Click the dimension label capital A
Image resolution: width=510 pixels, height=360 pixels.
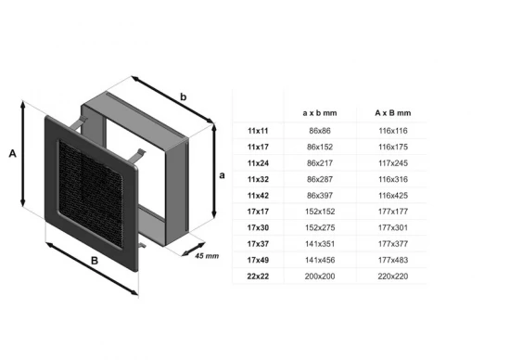pyautogui.click(x=13, y=155)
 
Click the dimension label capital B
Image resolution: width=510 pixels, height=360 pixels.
pyautogui.click(x=95, y=262)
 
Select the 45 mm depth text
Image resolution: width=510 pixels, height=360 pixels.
pyautogui.click(x=206, y=255)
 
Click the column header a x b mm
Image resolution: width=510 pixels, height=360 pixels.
pyautogui.click(x=320, y=112)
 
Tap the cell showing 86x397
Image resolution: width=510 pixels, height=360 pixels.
pyautogui.click(x=320, y=196)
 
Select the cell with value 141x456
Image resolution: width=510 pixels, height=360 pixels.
pyautogui.click(x=320, y=261)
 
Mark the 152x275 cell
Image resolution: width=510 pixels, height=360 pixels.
pyautogui.click(x=320, y=228)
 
